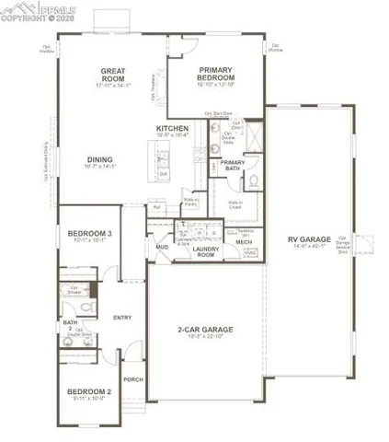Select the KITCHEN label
(172, 127)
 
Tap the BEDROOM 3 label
(89, 234)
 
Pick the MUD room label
(162, 247)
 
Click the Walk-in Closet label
(236, 204)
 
